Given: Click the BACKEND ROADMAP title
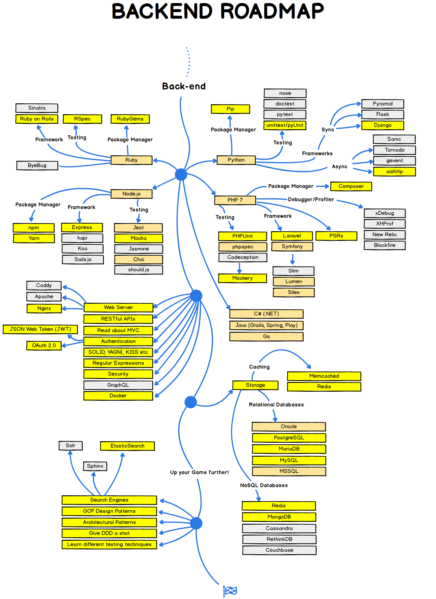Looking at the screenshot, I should pyautogui.click(x=218, y=11).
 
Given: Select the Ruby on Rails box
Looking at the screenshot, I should pyautogui.click(x=37, y=119).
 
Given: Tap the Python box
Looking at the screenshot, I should pyautogui.click(x=236, y=160).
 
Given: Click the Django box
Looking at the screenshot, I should pyautogui.click(x=383, y=125).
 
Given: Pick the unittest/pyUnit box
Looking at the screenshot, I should pyautogui.click(x=285, y=125).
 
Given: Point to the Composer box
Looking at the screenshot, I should pyautogui.click(x=351, y=186).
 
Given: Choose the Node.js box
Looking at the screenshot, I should pyautogui.click(x=131, y=194).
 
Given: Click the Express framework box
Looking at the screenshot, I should pyautogui.click(x=82, y=227).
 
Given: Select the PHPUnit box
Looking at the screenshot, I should pyautogui.click(x=242, y=236).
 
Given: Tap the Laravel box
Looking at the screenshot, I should pyautogui.click(x=292, y=236).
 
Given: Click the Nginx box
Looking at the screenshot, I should pyautogui.click(x=44, y=308).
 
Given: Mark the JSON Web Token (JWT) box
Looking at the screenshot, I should pyautogui.click(x=40, y=329).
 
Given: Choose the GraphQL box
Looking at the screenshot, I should pyautogui.click(x=118, y=385).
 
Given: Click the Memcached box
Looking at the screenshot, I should pyautogui.click(x=324, y=376).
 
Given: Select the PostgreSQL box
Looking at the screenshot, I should pyautogui.click(x=289, y=438).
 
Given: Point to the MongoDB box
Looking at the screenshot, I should pyautogui.click(x=279, y=517).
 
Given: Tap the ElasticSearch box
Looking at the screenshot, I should pyautogui.click(x=127, y=446).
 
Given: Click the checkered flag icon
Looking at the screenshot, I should pyautogui.click(x=231, y=591).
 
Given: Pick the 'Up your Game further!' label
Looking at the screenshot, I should pyautogui.click(x=199, y=472).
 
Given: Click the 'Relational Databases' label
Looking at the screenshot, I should pyautogui.click(x=276, y=405).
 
